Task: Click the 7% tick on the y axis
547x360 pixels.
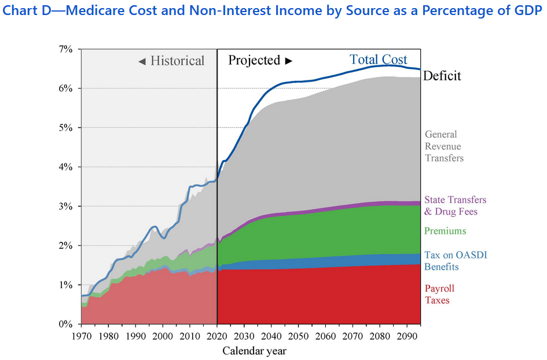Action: (x=65, y=49)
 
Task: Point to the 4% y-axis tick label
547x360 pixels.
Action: (x=65, y=167)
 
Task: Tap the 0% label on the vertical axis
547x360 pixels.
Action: (x=65, y=324)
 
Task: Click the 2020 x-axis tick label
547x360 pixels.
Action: (x=217, y=336)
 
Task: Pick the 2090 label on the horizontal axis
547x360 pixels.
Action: (x=408, y=336)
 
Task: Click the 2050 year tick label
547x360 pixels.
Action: (x=299, y=336)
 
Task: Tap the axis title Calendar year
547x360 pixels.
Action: (x=255, y=351)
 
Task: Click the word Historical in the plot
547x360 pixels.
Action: (x=177, y=61)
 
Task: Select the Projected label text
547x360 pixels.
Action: (x=255, y=60)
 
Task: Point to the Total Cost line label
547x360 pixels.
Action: (x=379, y=60)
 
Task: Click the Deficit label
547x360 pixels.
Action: (x=442, y=76)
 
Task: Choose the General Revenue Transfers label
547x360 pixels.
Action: (x=445, y=146)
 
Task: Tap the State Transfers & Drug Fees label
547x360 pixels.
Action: (x=455, y=205)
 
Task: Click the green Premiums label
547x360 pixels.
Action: (x=445, y=231)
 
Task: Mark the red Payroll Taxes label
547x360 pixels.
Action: (x=439, y=294)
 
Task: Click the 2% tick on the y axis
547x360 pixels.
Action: (x=65, y=245)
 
